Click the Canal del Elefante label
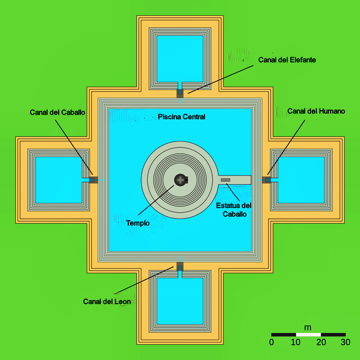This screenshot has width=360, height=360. tap(287, 60)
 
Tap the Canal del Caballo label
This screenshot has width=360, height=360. tap(58, 112)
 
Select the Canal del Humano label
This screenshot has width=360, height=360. tap(316, 111)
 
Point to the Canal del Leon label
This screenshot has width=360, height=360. tap(107, 301)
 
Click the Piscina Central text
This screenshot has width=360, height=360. tap(181, 117)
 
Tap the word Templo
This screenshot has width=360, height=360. tap(138, 223)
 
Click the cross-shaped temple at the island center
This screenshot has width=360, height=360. tap(181, 180)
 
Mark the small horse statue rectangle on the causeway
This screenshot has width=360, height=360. tap(226, 180)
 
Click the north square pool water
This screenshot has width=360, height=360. tap(180, 58)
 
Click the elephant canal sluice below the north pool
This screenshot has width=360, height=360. tap(180, 91)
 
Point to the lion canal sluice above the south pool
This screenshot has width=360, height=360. tap(180, 268)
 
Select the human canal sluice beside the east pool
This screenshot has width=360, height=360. tap(268, 180)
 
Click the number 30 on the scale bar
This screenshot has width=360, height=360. tap(345, 342)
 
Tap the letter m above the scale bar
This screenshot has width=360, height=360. tap(308, 327)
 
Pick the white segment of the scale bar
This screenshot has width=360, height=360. tap(308, 334)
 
